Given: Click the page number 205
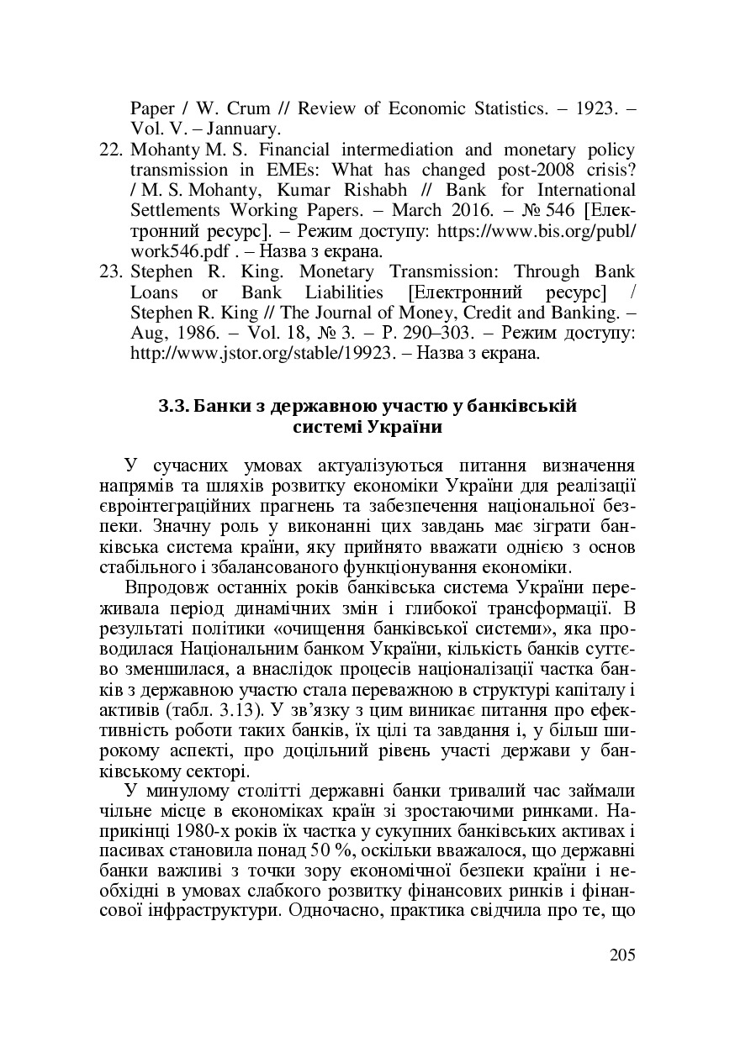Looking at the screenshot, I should [x=621, y=955].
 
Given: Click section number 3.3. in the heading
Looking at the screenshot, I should [x=173, y=407].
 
